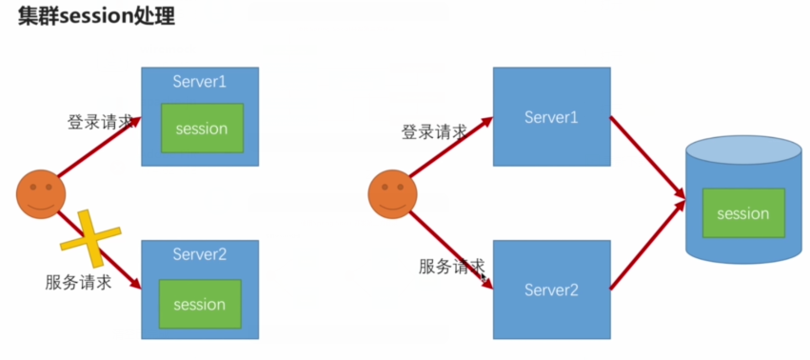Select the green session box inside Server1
[201, 129]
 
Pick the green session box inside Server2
[200, 304]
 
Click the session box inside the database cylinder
[742, 213]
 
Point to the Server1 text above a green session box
[200, 82]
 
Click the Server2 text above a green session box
[200, 254]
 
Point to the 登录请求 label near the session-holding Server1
[100, 123]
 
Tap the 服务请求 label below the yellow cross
[78, 282]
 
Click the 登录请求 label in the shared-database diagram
[434, 132]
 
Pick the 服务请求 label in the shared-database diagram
[451, 267]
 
